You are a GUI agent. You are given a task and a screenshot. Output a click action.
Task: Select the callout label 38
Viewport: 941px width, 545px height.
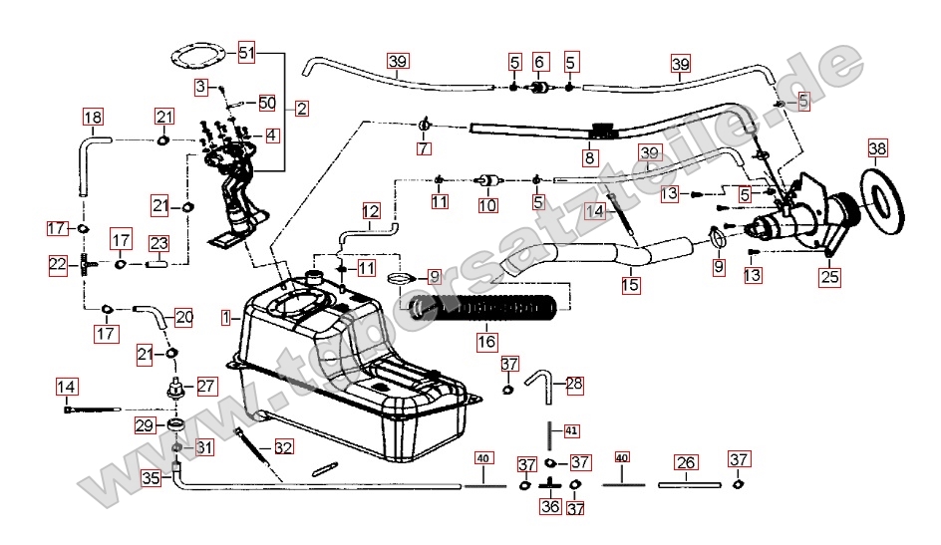pyautogui.click(x=876, y=149)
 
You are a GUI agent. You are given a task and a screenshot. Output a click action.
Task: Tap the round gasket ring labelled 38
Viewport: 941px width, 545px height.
pyautogui.click(x=881, y=198)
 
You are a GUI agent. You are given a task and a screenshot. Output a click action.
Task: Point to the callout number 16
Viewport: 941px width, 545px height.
pyautogui.click(x=486, y=341)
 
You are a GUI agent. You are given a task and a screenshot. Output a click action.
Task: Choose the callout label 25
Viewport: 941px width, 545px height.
pyautogui.click(x=829, y=280)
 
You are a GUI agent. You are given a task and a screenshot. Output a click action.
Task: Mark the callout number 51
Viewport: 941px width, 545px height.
pyautogui.click(x=247, y=52)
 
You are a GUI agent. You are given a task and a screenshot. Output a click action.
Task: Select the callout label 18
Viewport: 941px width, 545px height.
pyautogui.click(x=92, y=119)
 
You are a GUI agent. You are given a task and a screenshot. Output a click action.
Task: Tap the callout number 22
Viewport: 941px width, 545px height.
pyautogui.click(x=59, y=264)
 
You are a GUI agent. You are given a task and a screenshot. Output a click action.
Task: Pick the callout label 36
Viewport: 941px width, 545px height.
pyautogui.click(x=550, y=506)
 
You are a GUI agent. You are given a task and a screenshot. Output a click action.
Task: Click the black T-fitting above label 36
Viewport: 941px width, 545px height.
pyautogui.click(x=550, y=483)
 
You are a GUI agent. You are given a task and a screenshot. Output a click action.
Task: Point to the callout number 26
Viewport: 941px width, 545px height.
pyautogui.click(x=685, y=462)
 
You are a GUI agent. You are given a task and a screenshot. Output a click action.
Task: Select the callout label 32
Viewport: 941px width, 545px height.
pyautogui.click(x=283, y=448)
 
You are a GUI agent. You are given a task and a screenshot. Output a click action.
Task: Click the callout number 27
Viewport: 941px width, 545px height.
pyautogui.click(x=205, y=386)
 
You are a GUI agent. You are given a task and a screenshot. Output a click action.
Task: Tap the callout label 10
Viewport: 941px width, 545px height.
pyautogui.click(x=486, y=206)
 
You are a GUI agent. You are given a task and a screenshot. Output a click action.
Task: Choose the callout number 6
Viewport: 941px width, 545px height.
pyautogui.click(x=540, y=62)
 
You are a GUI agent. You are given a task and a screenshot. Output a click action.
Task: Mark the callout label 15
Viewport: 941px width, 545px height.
pyautogui.click(x=631, y=285)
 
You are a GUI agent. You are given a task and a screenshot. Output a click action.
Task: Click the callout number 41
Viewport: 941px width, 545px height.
pyautogui.click(x=571, y=431)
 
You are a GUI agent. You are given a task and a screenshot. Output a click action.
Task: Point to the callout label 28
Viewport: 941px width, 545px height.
pyautogui.click(x=574, y=384)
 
